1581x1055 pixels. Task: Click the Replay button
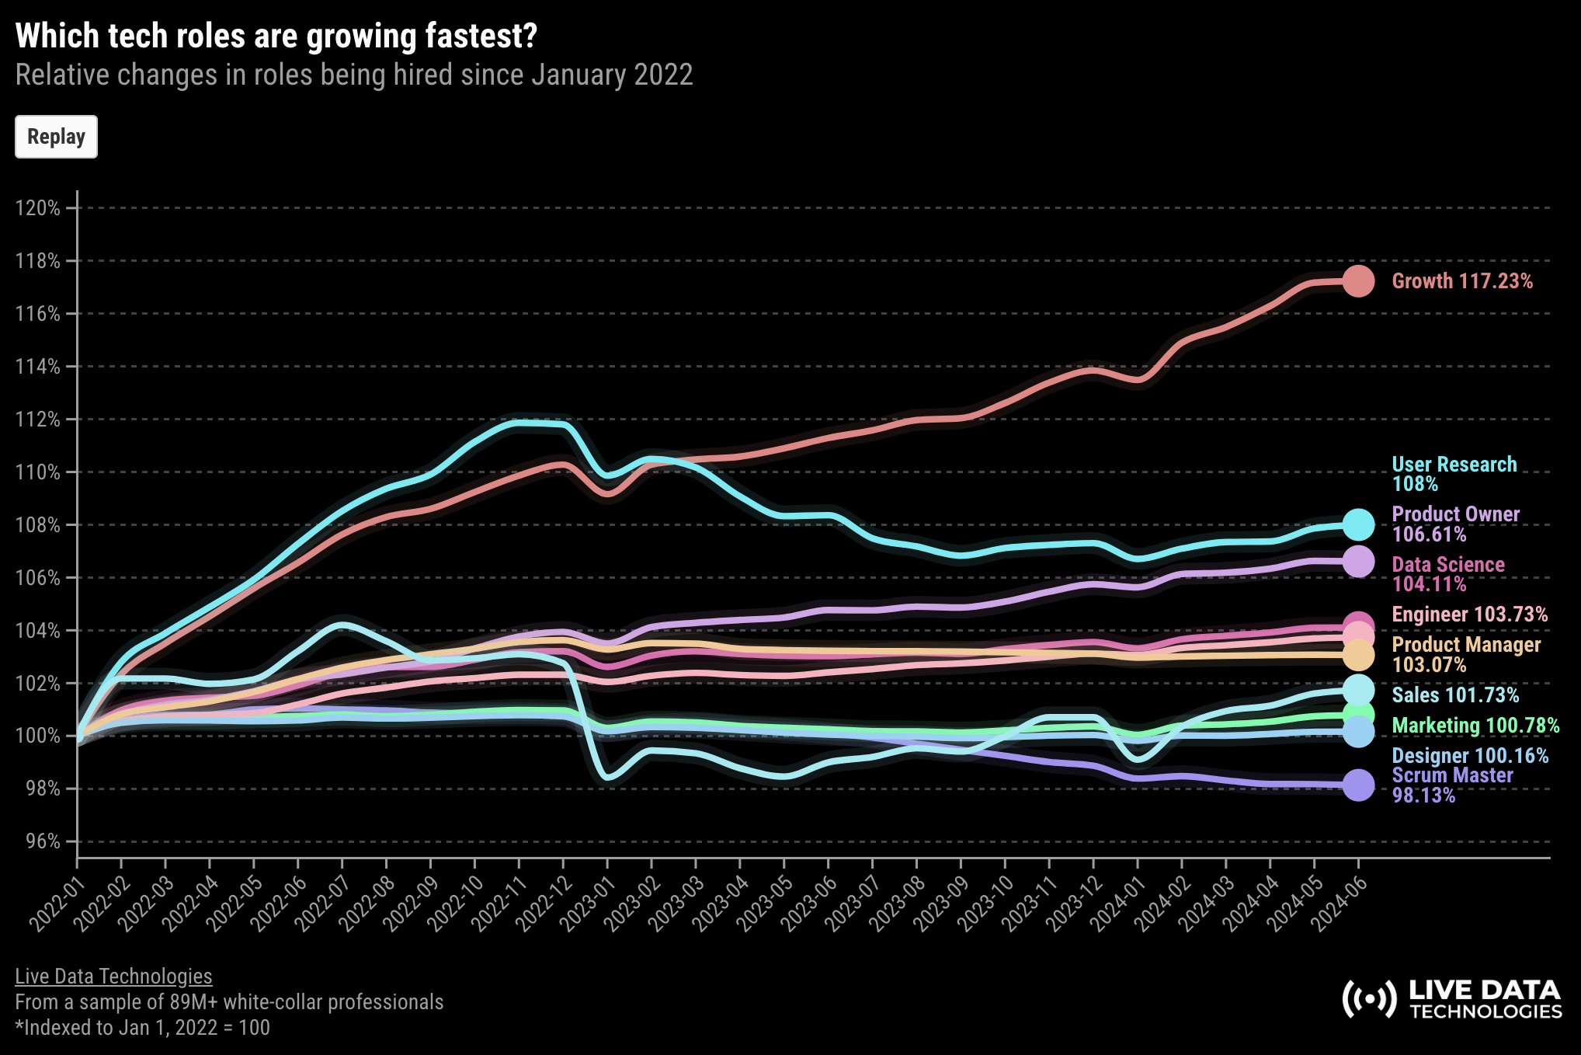(x=56, y=137)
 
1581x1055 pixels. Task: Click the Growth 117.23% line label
(x=1461, y=281)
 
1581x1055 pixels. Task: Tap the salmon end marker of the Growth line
(x=1358, y=281)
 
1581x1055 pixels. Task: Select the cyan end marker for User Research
(x=1358, y=525)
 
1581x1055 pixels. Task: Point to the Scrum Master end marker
(x=1358, y=785)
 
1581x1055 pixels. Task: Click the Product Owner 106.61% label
(x=1455, y=524)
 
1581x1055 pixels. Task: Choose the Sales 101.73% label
(x=1454, y=695)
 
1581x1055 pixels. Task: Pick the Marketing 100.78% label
(x=1475, y=726)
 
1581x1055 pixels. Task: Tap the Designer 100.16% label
(x=1469, y=756)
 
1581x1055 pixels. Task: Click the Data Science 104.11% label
(x=1447, y=575)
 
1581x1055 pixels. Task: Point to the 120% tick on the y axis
(x=38, y=208)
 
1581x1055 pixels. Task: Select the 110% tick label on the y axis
(x=38, y=472)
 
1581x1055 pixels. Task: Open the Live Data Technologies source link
(x=113, y=977)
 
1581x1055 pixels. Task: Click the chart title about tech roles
(x=276, y=37)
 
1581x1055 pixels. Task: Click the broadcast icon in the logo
(x=1369, y=999)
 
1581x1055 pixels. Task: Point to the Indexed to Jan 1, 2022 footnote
(x=143, y=1028)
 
